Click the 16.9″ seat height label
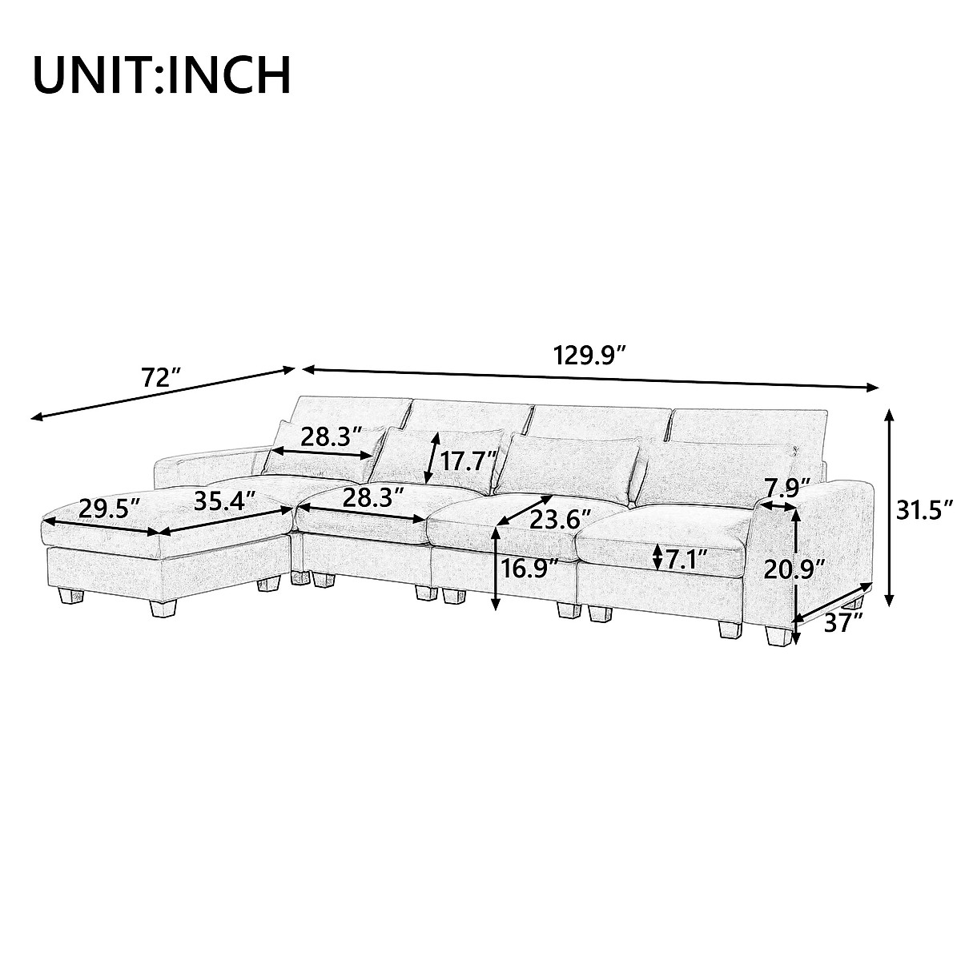point(530,569)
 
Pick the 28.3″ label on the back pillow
point(331,436)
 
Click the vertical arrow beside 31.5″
point(889,508)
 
